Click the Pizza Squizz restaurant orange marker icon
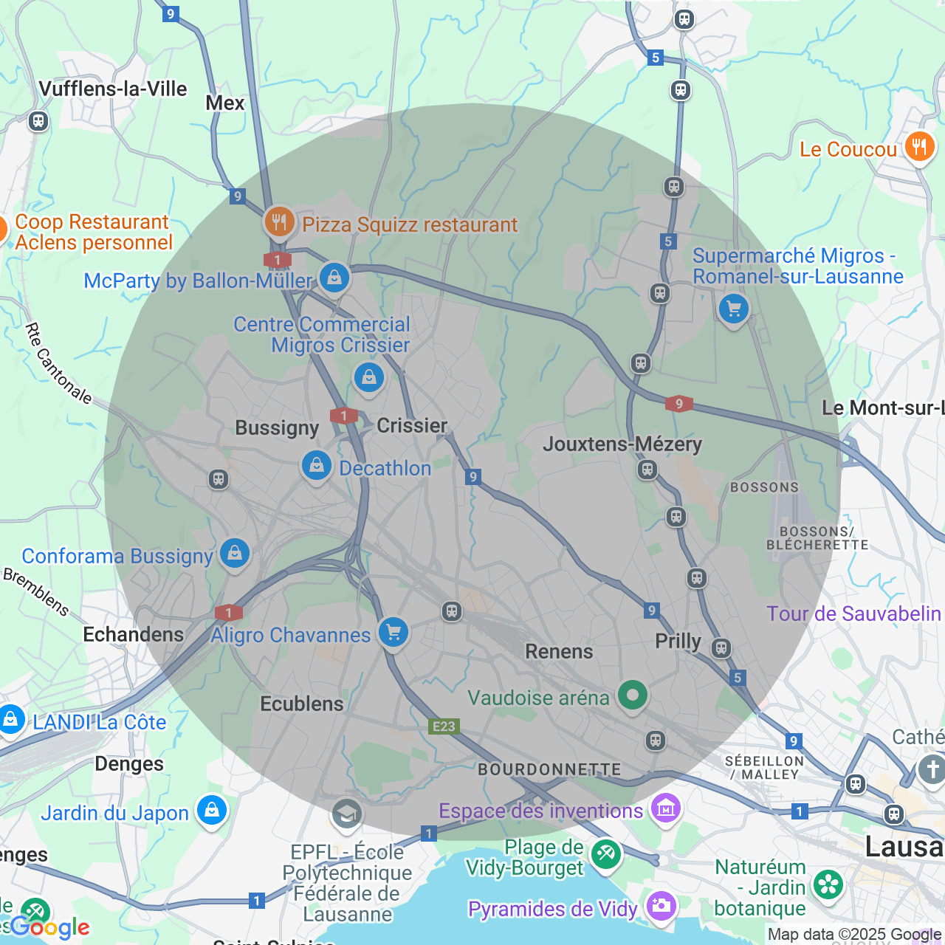click(x=279, y=221)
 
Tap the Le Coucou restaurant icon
click(x=919, y=147)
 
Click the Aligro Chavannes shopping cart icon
click(x=394, y=632)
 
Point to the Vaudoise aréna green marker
click(x=632, y=695)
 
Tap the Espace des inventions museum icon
click(x=665, y=808)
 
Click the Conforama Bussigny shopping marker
click(x=235, y=553)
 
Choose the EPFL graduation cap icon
click(x=346, y=814)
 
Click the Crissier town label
click(x=412, y=425)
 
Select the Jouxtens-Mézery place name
click(x=622, y=444)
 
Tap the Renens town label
click(x=559, y=651)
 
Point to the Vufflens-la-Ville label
click(x=113, y=89)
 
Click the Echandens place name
click(x=134, y=634)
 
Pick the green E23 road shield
click(x=444, y=726)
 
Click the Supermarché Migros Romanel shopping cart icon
click(x=733, y=309)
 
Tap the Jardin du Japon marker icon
click(x=212, y=811)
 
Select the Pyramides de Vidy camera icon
click(x=660, y=905)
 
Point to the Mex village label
click(x=225, y=103)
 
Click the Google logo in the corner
click(x=49, y=927)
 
